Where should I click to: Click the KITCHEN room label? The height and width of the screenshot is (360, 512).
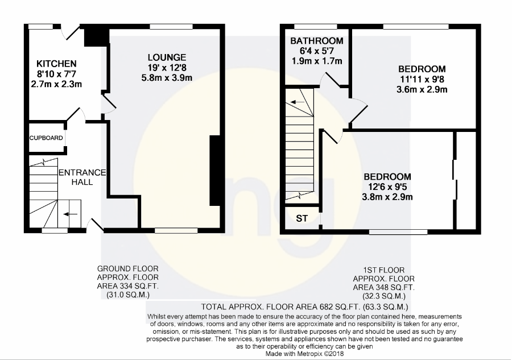click(x=56, y=64)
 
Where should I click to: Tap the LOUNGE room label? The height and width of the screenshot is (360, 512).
click(x=167, y=57)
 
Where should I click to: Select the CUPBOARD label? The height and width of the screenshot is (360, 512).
click(x=46, y=138)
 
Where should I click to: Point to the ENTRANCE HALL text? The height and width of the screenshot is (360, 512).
click(x=82, y=177)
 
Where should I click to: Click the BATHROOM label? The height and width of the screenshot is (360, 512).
click(x=317, y=41)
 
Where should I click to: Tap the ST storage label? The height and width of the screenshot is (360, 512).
click(x=302, y=218)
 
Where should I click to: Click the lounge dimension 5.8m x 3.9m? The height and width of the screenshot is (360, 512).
click(x=167, y=78)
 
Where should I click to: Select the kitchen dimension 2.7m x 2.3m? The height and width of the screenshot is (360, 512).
click(x=56, y=84)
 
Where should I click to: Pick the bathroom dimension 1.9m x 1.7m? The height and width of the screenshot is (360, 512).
click(x=317, y=61)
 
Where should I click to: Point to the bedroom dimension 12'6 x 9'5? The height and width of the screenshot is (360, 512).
click(x=387, y=187)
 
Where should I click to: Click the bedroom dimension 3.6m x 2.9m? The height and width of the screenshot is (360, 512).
click(x=422, y=89)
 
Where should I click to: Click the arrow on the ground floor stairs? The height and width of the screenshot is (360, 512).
click(x=70, y=214)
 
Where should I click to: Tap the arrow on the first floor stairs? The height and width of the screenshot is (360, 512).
click(x=297, y=102)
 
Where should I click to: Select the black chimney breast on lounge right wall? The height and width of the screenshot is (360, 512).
click(x=214, y=171)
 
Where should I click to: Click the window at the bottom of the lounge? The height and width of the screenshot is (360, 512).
click(x=176, y=231)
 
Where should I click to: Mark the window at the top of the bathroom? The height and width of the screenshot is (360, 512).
click(x=315, y=26)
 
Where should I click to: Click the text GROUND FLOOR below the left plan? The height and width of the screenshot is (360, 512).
click(x=127, y=268)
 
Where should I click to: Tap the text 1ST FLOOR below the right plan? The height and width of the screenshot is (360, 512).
click(x=383, y=270)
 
